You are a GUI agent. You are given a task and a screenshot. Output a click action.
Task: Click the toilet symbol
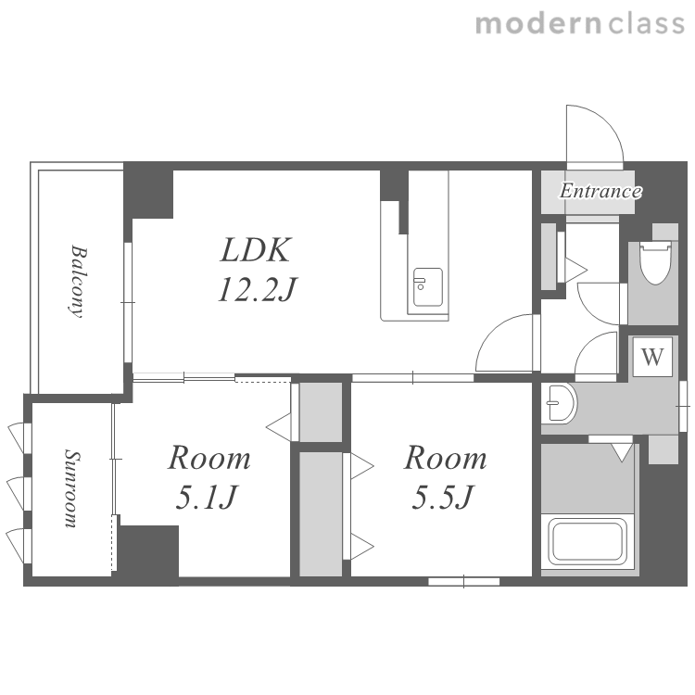(655, 262)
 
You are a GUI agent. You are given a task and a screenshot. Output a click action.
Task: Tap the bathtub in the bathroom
(588, 542)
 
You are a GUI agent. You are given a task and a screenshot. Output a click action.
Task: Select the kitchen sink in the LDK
(428, 287)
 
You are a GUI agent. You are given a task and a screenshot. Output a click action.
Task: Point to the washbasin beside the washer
(561, 403)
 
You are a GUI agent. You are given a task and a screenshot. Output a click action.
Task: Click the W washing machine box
(652, 357)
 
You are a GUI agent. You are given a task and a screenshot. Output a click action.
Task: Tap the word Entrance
(600, 191)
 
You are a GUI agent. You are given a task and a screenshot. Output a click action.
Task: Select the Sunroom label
(71, 488)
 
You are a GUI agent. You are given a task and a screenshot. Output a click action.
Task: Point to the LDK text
(256, 250)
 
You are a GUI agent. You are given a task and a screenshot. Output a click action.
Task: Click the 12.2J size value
(257, 288)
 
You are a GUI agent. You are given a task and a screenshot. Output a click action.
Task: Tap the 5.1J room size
(207, 498)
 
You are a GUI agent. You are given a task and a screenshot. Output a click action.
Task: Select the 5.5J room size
(443, 498)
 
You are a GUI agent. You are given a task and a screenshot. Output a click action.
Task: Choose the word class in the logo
(646, 23)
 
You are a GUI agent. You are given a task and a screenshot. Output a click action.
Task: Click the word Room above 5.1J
(209, 458)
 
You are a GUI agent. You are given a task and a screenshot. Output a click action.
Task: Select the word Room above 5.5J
(446, 458)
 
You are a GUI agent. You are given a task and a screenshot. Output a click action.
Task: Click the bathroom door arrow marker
(622, 452)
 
